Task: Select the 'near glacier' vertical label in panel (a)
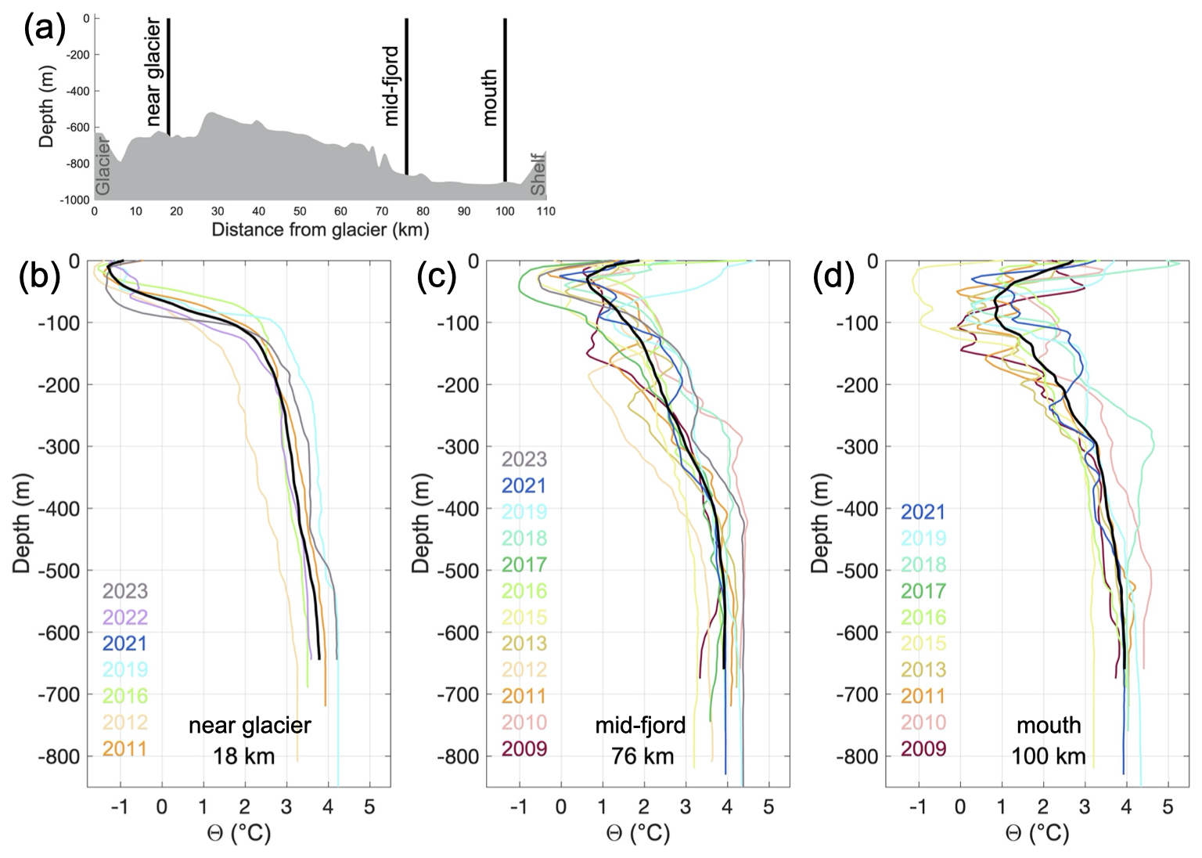tap(153, 73)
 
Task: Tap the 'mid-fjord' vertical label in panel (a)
tap(391, 86)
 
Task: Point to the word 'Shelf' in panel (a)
tap(538, 174)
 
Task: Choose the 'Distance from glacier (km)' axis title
tap(320, 229)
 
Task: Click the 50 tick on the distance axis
tap(300, 211)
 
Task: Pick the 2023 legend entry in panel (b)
tap(125, 591)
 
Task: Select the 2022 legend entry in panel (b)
tap(125, 617)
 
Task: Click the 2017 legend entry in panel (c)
tap(524, 564)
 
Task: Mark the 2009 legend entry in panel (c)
tap(524, 748)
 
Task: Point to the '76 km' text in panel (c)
tap(642, 755)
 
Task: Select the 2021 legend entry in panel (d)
tap(923, 512)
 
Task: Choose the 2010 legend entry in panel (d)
tap(923, 722)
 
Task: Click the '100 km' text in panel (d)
tap(1048, 755)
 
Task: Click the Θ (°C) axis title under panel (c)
tap(639, 833)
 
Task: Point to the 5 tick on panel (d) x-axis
tap(1168, 807)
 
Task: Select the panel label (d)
tap(833, 276)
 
